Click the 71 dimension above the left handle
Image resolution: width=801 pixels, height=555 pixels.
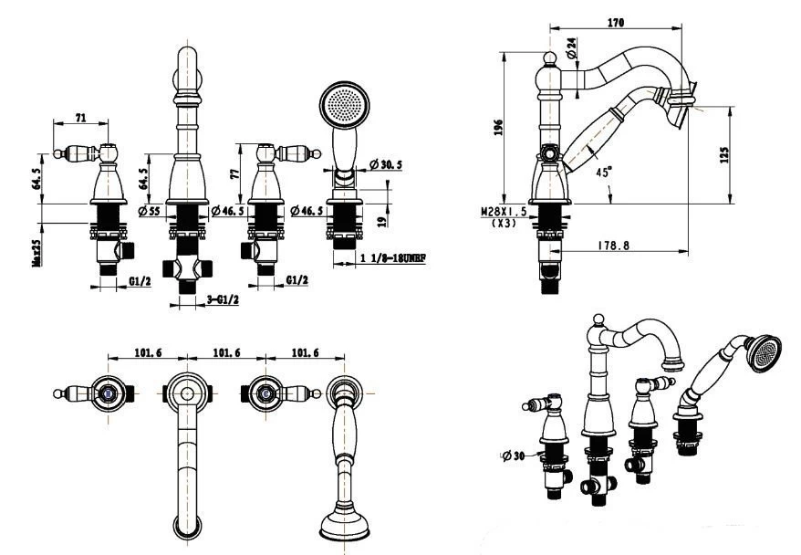80,118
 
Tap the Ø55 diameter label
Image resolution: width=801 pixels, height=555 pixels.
149,212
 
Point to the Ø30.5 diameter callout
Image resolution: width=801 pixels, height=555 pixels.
387,164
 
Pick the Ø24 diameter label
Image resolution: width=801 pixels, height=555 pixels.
571,48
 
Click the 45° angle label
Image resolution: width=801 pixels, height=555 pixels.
604,171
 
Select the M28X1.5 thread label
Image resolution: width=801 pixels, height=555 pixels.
505,211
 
